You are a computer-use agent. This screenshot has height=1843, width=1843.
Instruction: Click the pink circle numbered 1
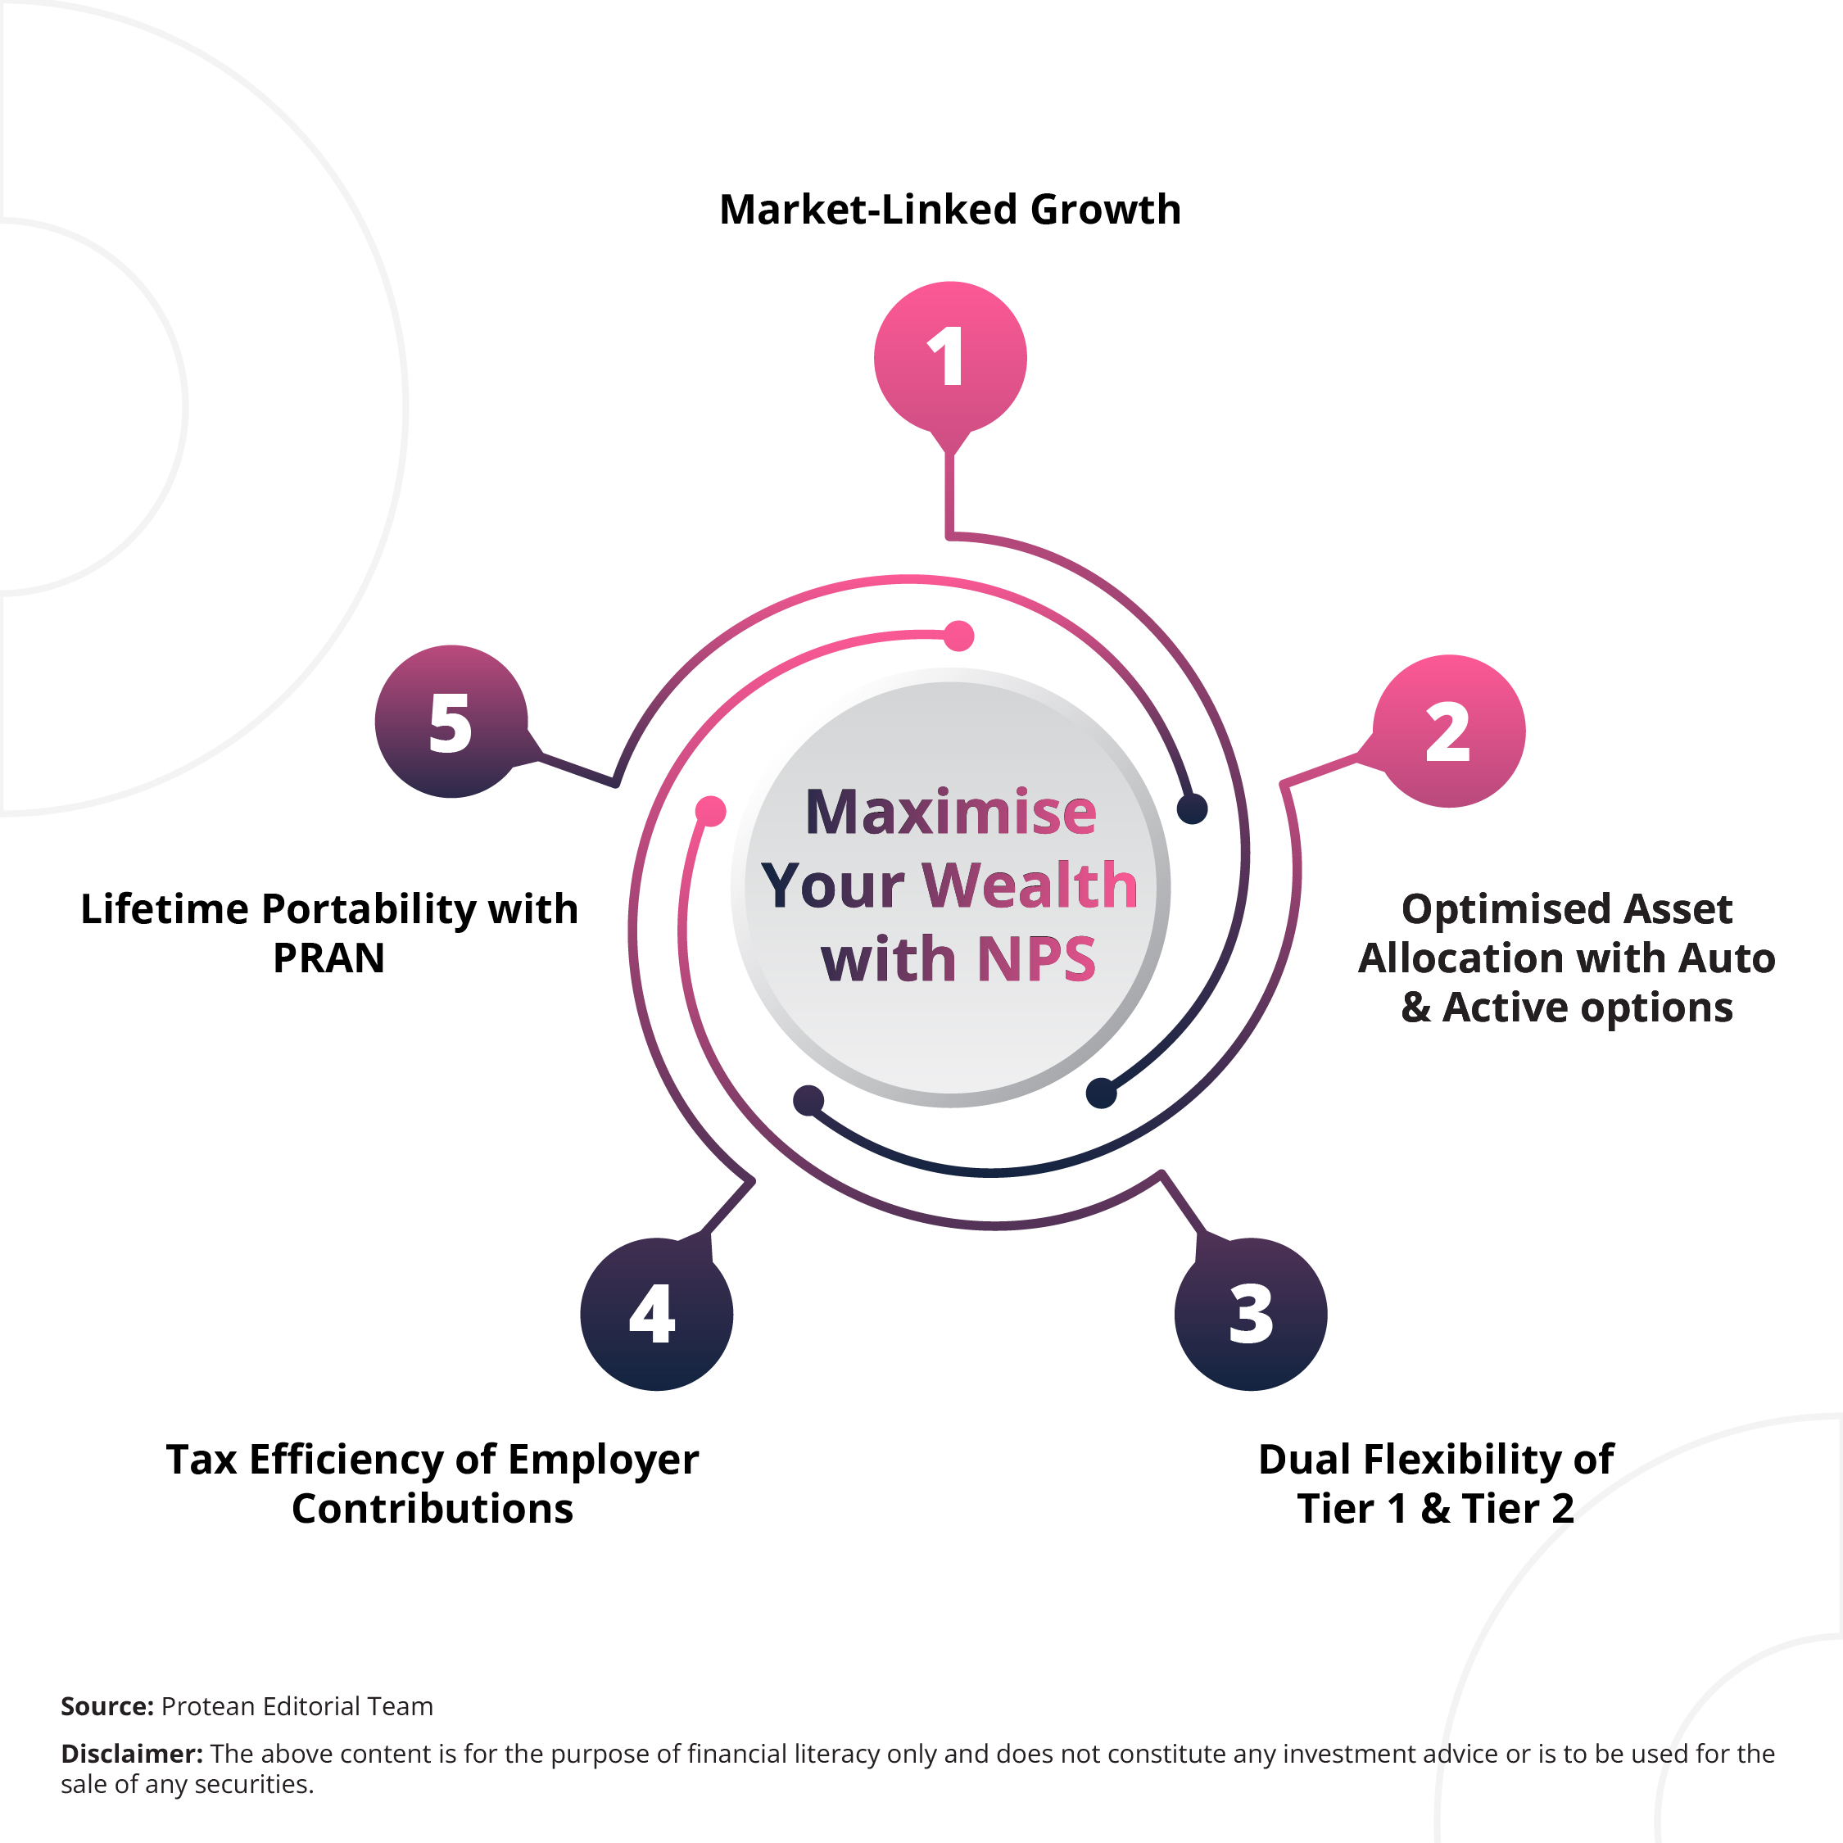point(950,358)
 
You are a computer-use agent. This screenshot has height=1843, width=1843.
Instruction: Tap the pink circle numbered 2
point(1449,731)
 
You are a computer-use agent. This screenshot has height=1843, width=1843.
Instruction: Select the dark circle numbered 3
point(1251,1315)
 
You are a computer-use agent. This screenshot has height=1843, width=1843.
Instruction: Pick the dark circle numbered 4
point(656,1315)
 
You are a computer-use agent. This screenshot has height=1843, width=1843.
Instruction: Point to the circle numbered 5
point(451,721)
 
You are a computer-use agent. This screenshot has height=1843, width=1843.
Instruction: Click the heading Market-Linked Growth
point(950,210)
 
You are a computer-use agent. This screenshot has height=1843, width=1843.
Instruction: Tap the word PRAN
point(329,958)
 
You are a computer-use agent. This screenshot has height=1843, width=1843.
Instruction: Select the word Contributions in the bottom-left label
point(432,1508)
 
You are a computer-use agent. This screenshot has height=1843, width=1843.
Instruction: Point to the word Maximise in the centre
point(951,812)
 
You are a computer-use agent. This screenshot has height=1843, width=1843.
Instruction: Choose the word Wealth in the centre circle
point(1030,885)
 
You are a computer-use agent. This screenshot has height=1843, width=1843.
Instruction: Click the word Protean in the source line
point(208,1705)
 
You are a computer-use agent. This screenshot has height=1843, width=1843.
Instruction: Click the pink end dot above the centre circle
point(958,636)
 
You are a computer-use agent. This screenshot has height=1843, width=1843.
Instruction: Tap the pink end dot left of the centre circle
point(711,811)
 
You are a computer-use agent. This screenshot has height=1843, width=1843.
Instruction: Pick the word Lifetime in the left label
point(164,909)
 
